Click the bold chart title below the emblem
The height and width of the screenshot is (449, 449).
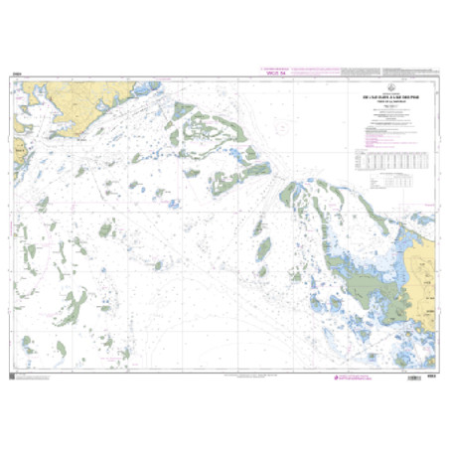tap(387, 96)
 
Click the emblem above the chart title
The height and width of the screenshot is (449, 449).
tap(387, 87)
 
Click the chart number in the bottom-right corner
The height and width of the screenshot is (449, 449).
tap(434, 374)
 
